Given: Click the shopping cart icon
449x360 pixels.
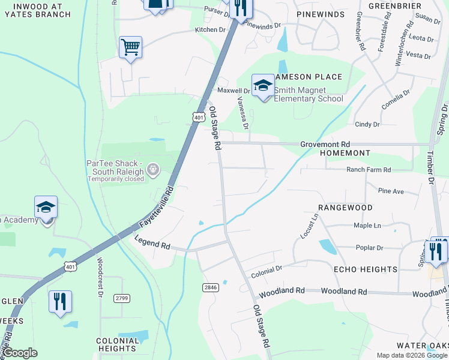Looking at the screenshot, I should pyautogui.click(x=130, y=46).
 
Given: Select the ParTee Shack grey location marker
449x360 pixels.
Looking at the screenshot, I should pyautogui.click(x=153, y=170).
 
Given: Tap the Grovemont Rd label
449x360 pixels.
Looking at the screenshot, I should pyautogui.click(x=325, y=145).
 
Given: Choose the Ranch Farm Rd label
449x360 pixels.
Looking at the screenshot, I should pyautogui.click(x=369, y=170).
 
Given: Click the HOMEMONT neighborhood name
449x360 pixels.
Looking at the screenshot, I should pyautogui.click(x=345, y=154).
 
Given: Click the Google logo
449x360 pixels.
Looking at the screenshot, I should pyautogui.click(x=20, y=353).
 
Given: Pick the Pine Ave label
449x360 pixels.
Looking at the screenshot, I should pyautogui.click(x=391, y=191).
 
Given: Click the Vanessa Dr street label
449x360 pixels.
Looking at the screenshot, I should pyautogui.click(x=242, y=113).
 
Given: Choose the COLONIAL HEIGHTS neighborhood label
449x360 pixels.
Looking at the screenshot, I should pyautogui.click(x=118, y=344).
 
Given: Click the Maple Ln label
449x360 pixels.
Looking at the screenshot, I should pyautogui.click(x=367, y=226).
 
